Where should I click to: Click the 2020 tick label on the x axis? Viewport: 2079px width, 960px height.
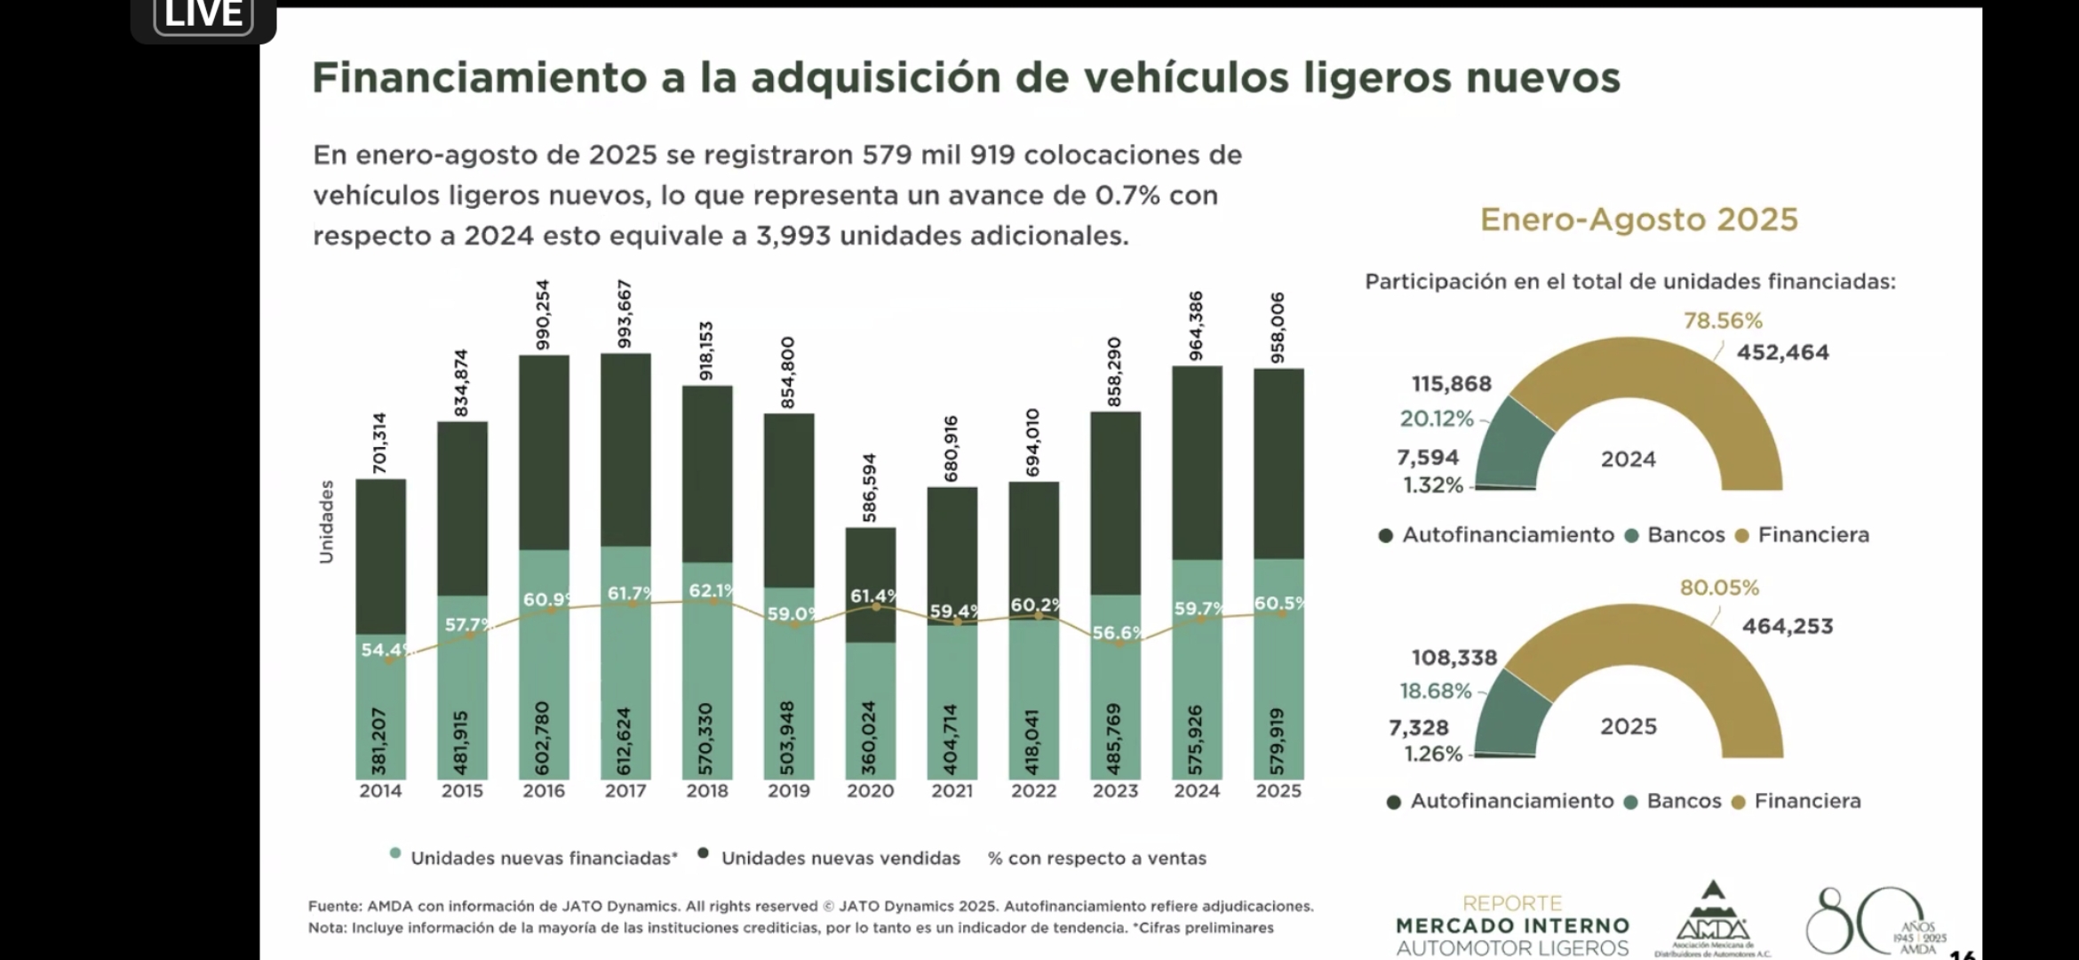tap(870, 791)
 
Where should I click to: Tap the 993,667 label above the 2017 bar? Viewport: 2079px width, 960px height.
tap(625, 314)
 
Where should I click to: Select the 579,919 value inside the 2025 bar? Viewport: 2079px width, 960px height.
tap(1278, 740)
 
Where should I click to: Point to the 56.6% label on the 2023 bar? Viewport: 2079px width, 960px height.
tap(1117, 632)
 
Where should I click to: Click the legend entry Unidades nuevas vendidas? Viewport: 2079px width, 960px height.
tap(840, 858)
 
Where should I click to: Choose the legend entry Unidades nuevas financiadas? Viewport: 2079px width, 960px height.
tap(543, 858)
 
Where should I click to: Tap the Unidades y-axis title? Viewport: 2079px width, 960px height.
tap(326, 522)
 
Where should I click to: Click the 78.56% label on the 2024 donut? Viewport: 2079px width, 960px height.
tap(1723, 321)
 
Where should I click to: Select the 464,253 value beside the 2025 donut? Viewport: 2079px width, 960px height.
tap(1787, 627)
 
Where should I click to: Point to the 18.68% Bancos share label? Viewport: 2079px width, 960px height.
tap(1436, 691)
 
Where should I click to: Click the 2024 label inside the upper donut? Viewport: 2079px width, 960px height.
tap(1628, 460)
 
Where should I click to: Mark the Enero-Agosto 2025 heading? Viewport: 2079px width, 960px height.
tap(1638, 220)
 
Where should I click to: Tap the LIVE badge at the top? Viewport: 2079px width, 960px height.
tap(203, 15)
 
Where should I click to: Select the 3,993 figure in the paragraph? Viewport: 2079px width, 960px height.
tap(793, 236)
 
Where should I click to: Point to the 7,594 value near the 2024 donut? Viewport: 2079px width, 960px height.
tap(1428, 458)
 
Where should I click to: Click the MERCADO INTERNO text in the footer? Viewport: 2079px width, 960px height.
tap(1512, 926)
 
